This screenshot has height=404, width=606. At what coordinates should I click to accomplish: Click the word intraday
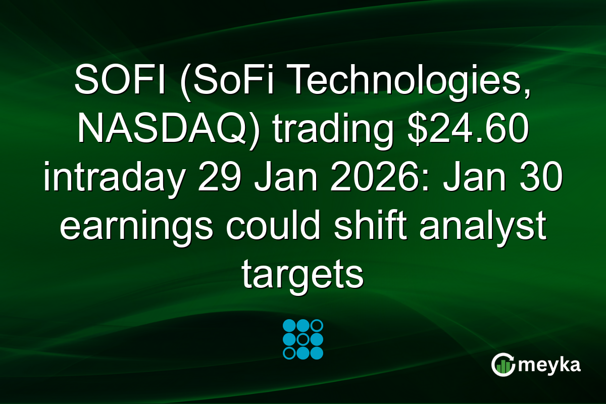coord(112,179)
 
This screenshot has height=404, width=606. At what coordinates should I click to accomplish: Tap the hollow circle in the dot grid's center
coord(303,339)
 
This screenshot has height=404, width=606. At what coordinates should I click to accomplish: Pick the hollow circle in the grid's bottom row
coord(289,352)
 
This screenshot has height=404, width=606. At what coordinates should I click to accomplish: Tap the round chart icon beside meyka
coord(503,364)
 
